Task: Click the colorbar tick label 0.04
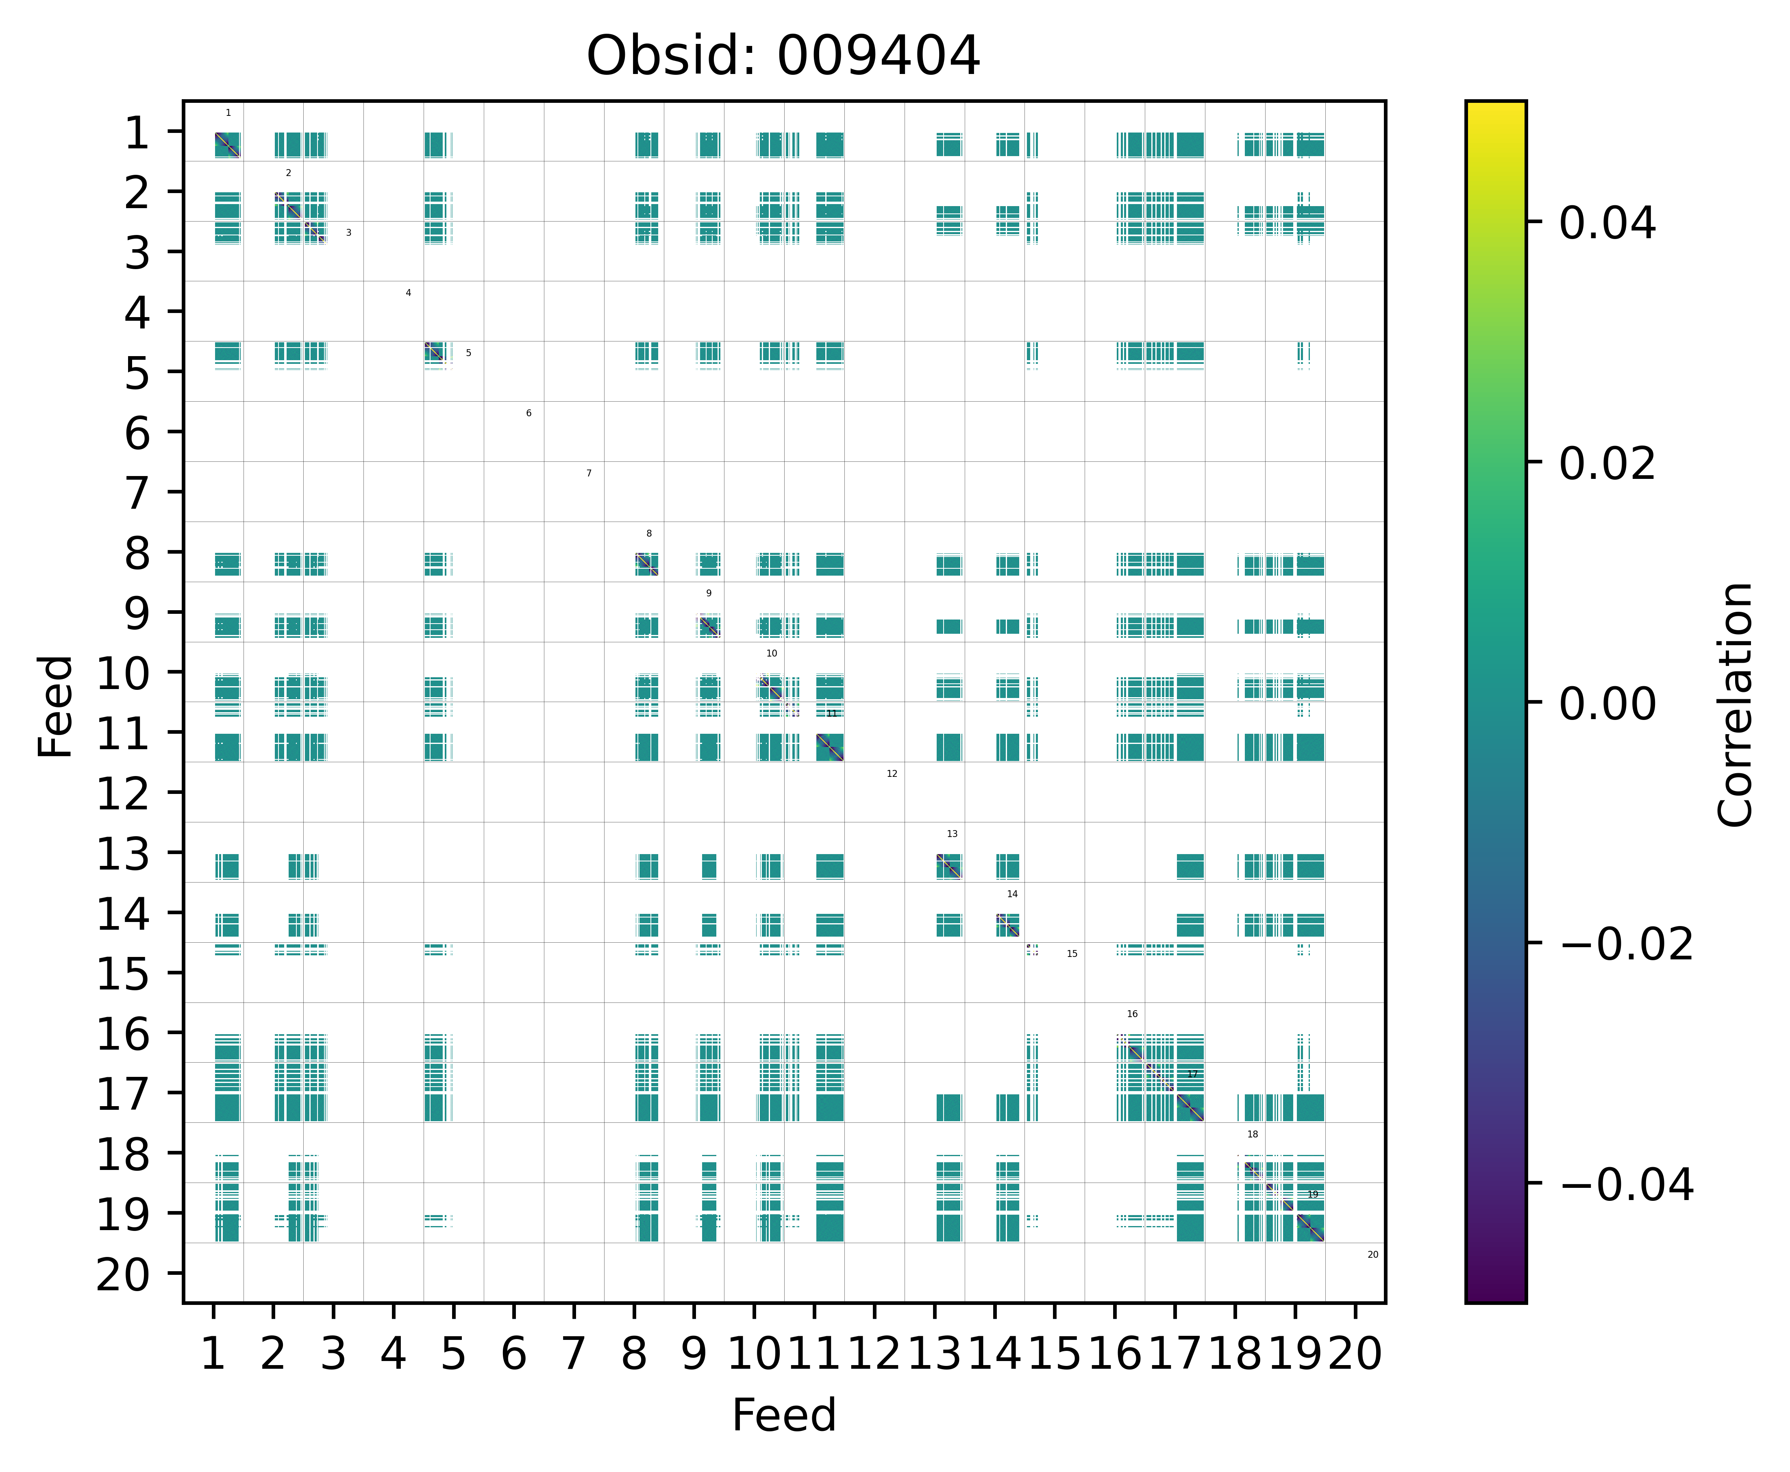[x=1607, y=224]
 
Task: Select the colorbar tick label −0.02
[x=1626, y=944]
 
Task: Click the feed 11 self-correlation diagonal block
[x=829, y=747]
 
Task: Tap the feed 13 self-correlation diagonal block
[x=949, y=867]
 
